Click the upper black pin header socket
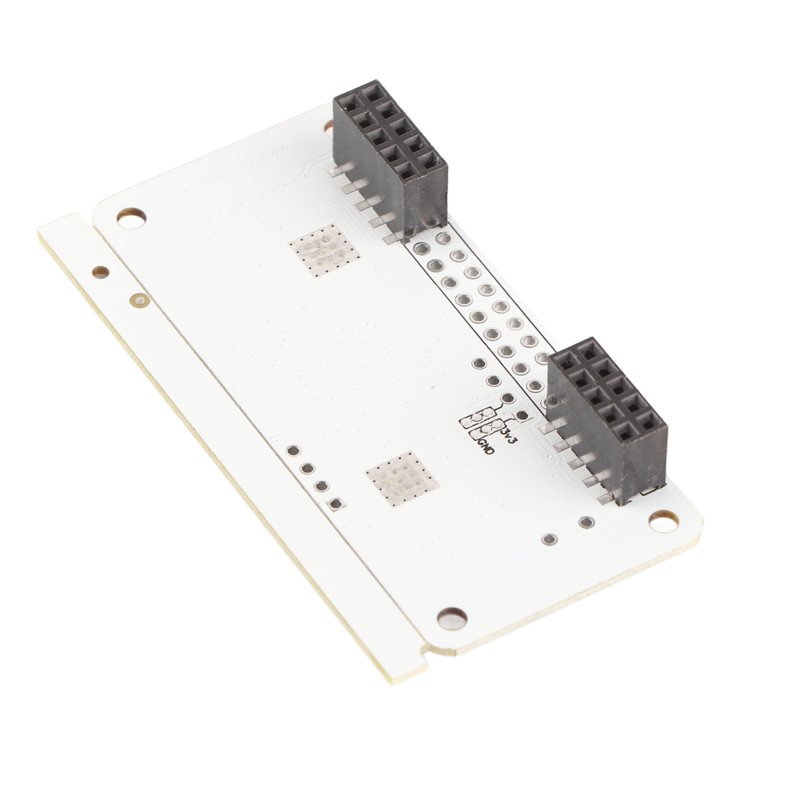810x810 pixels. [390, 158]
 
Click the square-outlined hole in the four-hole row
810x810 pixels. [335, 503]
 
